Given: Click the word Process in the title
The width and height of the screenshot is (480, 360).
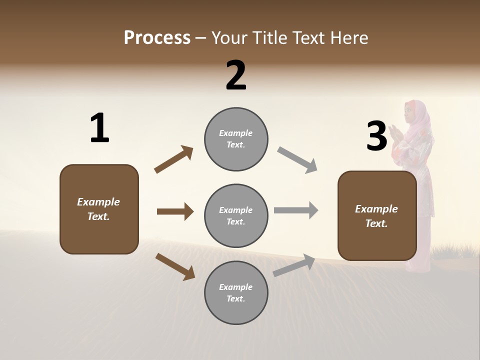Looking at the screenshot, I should click(x=157, y=38).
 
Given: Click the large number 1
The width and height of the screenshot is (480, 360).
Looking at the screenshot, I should click(x=99, y=128).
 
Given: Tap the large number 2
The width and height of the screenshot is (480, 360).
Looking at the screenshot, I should click(x=236, y=75).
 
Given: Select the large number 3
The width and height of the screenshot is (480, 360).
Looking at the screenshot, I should click(x=376, y=136).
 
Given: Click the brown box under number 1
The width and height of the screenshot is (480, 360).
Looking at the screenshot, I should click(x=99, y=209).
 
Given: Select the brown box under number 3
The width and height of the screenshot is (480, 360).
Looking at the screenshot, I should click(x=377, y=215).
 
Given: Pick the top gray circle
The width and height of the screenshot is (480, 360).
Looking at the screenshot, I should click(x=236, y=139).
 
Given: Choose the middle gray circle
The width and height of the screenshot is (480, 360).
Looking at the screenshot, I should click(x=236, y=215).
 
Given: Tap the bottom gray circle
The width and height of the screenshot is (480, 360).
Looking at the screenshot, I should click(x=236, y=292).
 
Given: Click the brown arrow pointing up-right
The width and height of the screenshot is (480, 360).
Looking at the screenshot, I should click(x=174, y=159).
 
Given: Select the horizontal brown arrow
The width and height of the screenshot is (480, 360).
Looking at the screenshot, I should click(x=175, y=211).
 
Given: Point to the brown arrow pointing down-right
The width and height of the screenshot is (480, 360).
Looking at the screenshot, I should click(x=175, y=266).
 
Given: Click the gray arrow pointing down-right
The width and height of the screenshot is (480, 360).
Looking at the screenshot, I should click(x=297, y=160).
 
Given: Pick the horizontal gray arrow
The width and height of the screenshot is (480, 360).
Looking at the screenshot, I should click(x=296, y=210).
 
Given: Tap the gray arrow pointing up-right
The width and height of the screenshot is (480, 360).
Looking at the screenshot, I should click(x=294, y=265).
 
